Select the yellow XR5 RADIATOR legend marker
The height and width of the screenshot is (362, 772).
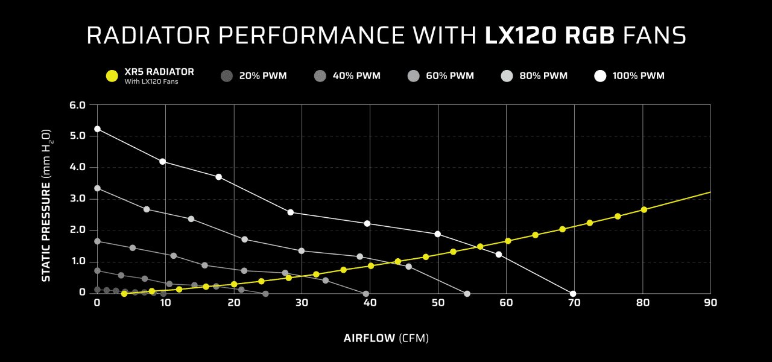[112, 76]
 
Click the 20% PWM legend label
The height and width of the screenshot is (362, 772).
[262, 76]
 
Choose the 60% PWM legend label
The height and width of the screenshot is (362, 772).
[449, 76]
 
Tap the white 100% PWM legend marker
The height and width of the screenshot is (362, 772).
[600, 76]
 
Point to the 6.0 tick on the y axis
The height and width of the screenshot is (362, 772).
[79, 105]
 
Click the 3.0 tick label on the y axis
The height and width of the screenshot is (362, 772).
[79, 199]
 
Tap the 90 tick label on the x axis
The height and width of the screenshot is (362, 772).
[710, 303]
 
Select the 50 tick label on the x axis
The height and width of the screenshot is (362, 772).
[438, 303]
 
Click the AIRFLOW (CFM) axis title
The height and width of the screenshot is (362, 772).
[386, 338]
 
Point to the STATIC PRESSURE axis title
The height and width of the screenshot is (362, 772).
[46, 205]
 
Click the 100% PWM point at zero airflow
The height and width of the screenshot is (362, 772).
[97, 129]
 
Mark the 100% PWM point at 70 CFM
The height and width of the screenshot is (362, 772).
[573, 294]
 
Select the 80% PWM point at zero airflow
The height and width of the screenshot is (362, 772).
[97, 188]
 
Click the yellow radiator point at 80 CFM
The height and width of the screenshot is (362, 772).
[644, 209]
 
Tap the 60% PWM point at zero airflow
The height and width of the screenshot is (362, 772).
[97, 241]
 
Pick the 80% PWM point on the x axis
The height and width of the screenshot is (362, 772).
[467, 294]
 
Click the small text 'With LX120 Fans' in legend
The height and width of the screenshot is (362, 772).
[151, 81]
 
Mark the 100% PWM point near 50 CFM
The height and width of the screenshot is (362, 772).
[437, 234]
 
